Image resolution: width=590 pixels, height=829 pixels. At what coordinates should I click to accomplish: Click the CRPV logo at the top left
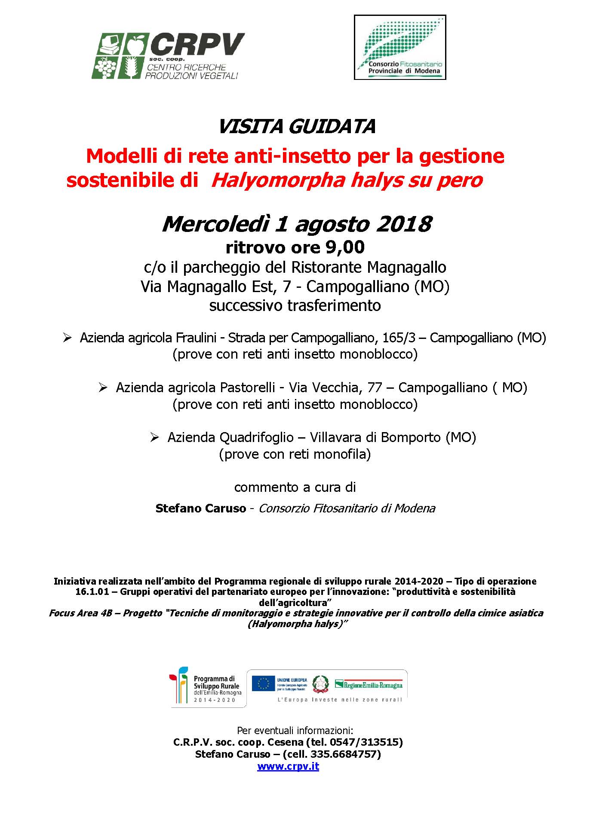click(168, 55)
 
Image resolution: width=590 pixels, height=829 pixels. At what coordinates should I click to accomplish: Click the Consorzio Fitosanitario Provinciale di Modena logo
click(399, 47)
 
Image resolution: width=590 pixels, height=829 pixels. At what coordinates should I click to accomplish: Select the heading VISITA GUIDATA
click(296, 127)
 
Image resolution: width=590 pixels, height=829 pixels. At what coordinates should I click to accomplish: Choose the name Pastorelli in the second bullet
click(247, 388)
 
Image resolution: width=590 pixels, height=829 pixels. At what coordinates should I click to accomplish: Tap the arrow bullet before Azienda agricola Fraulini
click(67, 338)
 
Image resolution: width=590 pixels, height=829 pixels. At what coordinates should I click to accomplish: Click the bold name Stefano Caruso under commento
click(200, 509)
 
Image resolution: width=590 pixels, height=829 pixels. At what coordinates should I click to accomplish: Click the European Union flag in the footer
click(263, 683)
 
